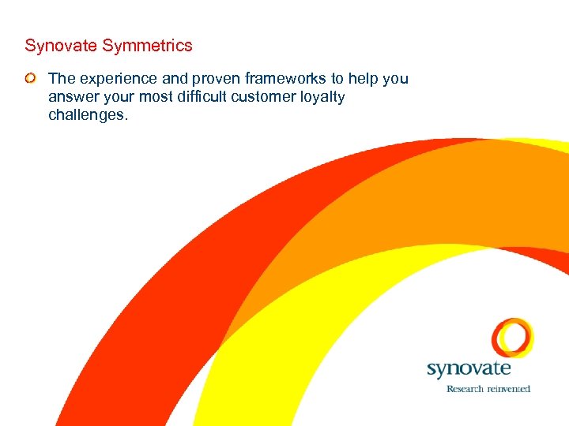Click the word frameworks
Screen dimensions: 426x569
tap(272, 79)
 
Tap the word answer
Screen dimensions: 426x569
tap(71, 97)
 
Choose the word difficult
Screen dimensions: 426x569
tap(197, 97)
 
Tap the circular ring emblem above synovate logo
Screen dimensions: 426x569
tap(512, 337)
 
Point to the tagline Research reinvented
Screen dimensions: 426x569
tap(488, 388)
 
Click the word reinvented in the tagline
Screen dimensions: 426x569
tap(507, 388)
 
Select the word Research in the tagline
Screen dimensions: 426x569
tap(464, 388)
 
